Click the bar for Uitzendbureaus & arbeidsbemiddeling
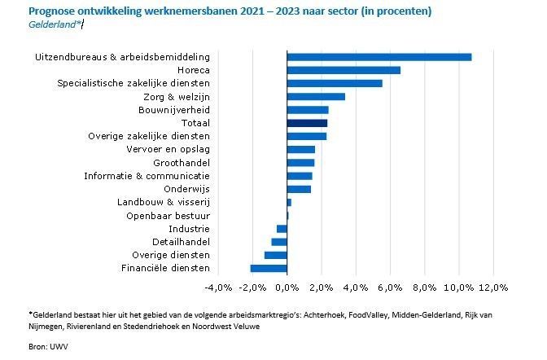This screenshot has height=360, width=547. click(379, 56)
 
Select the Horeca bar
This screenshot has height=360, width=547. click(344, 70)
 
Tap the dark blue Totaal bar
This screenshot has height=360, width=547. click(307, 123)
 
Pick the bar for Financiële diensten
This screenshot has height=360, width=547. click(269, 268)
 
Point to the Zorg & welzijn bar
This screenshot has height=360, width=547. click(316, 96)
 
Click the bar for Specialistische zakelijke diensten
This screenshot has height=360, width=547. click(335, 83)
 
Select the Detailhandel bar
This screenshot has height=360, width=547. click(279, 242)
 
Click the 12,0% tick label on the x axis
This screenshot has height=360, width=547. click(494, 288)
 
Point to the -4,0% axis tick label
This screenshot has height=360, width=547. click(219, 288)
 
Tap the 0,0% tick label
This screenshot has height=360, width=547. click(287, 288)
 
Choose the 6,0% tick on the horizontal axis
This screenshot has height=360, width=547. click(391, 288)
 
